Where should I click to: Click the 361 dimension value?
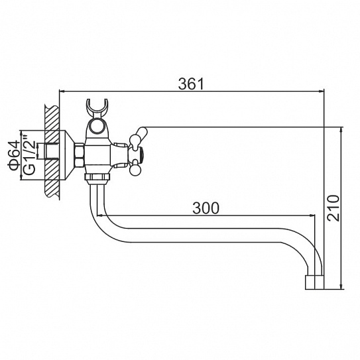191,84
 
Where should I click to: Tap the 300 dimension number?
206,208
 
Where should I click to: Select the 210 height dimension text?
333,208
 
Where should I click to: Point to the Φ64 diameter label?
13,155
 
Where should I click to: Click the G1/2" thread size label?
29,154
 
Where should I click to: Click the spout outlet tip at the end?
314,282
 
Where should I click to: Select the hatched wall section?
52,152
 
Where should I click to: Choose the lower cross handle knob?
135,170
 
